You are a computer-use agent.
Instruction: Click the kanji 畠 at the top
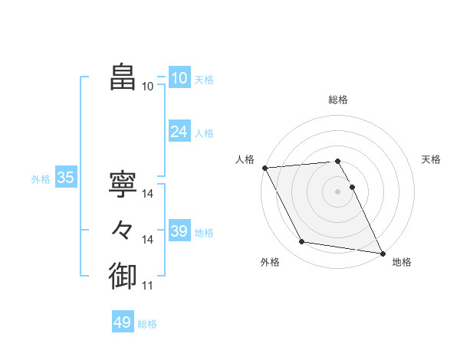click(x=123, y=77)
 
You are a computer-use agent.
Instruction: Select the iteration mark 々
click(x=123, y=229)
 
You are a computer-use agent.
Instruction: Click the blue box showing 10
click(x=179, y=78)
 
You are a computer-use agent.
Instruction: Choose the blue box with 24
click(x=179, y=132)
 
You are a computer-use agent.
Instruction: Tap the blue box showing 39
click(x=179, y=231)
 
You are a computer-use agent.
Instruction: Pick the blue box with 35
click(x=65, y=178)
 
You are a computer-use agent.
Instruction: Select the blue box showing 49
click(x=122, y=322)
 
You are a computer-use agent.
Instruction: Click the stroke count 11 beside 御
click(x=147, y=286)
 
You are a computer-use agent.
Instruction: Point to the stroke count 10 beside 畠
click(x=147, y=87)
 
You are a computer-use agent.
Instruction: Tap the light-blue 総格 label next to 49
click(x=147, y=324)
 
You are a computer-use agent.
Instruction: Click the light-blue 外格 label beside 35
click(x=41, y=179)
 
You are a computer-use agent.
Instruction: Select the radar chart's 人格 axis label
click(x=245, y=159)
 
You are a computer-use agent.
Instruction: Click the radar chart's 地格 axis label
click(x=402, y=262)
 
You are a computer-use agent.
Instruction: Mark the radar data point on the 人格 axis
click(x=264, y=168)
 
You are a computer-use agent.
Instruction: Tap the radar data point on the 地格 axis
click(x=382, y=253)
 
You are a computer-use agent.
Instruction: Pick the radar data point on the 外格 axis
click(x=302, y=242)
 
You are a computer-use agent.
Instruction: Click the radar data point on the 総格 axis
click(x=337, y=161)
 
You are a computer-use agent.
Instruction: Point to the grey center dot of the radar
click(x=337, y=191)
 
